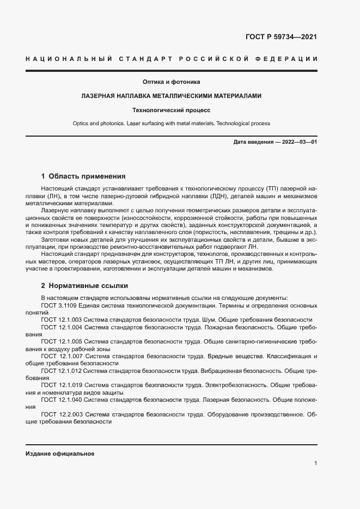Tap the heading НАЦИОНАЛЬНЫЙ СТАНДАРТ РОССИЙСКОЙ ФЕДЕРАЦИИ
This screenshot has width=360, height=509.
click(172, 59)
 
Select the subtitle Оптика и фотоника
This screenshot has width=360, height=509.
click(172, 82)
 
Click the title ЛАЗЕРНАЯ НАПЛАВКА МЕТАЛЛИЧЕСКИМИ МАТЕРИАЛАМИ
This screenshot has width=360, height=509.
click(172, 96)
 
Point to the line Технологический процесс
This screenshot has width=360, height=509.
click(172, 110)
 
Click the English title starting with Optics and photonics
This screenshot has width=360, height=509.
click(172, 124)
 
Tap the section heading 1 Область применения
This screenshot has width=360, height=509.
click(83, 176)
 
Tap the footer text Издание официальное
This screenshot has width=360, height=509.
click(60, 453)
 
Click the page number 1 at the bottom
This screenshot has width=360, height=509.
click(316, 463)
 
